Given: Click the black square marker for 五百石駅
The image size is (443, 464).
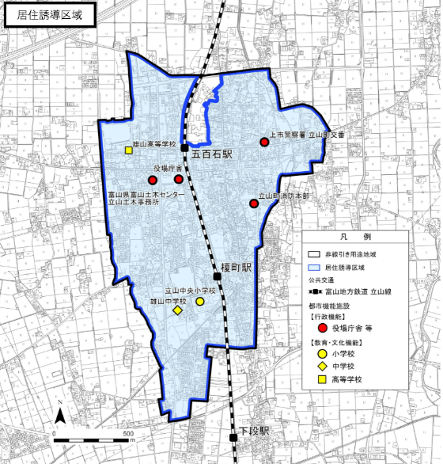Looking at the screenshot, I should click(184, 148).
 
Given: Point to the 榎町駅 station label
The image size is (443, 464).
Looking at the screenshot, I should click(236, 268).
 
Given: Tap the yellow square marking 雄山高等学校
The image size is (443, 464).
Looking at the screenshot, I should click(129, 150).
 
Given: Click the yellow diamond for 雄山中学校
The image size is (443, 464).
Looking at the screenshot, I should click(176, 311).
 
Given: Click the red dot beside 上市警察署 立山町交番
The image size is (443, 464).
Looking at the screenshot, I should click(265, 142).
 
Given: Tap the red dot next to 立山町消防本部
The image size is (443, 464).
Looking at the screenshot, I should click(254, 203).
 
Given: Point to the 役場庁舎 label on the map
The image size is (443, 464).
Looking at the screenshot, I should click(168, 169).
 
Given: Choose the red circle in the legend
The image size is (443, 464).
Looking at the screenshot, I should click(321, 327).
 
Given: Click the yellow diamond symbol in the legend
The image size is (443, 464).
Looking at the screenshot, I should click(321, 367).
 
